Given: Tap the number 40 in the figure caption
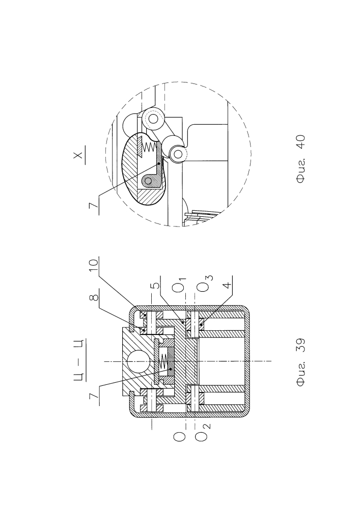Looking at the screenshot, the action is [300, 143].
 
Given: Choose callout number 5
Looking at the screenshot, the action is [156, 285].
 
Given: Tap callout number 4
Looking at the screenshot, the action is [228, 285].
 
